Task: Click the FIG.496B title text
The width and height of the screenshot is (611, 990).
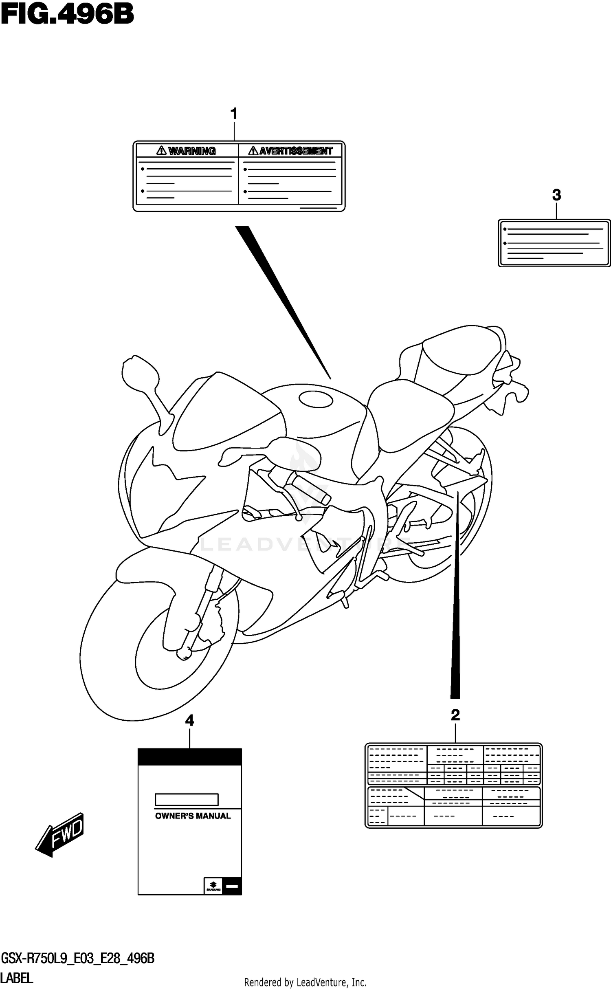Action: click(x=67, y=15)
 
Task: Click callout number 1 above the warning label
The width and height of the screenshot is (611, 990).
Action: click(x=234, y=114)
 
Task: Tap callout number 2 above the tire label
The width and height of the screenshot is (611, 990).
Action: click(x=455, y=715)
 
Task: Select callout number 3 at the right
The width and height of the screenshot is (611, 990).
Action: click(x=556, y=195)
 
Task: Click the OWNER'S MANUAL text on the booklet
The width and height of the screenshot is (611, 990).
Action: click(x=193, y=816)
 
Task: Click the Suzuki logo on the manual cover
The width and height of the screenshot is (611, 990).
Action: click(x=213, y=886)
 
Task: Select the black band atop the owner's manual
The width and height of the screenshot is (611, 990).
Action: click(x=190, y=757)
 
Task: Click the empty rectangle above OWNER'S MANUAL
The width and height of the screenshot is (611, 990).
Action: click(x=187, y=800)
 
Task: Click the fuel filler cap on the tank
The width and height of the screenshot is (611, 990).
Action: click(x=316, y=398)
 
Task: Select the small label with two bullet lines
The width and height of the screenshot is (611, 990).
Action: click(x=554, y=243)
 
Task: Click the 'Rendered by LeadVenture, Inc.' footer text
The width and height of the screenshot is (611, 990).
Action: click(x=305, y=983)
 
